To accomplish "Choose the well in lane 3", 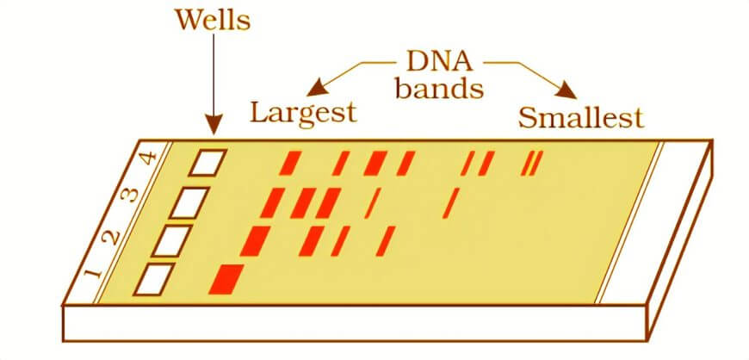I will coord(189,202).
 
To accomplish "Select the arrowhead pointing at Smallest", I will coord(567,91).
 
